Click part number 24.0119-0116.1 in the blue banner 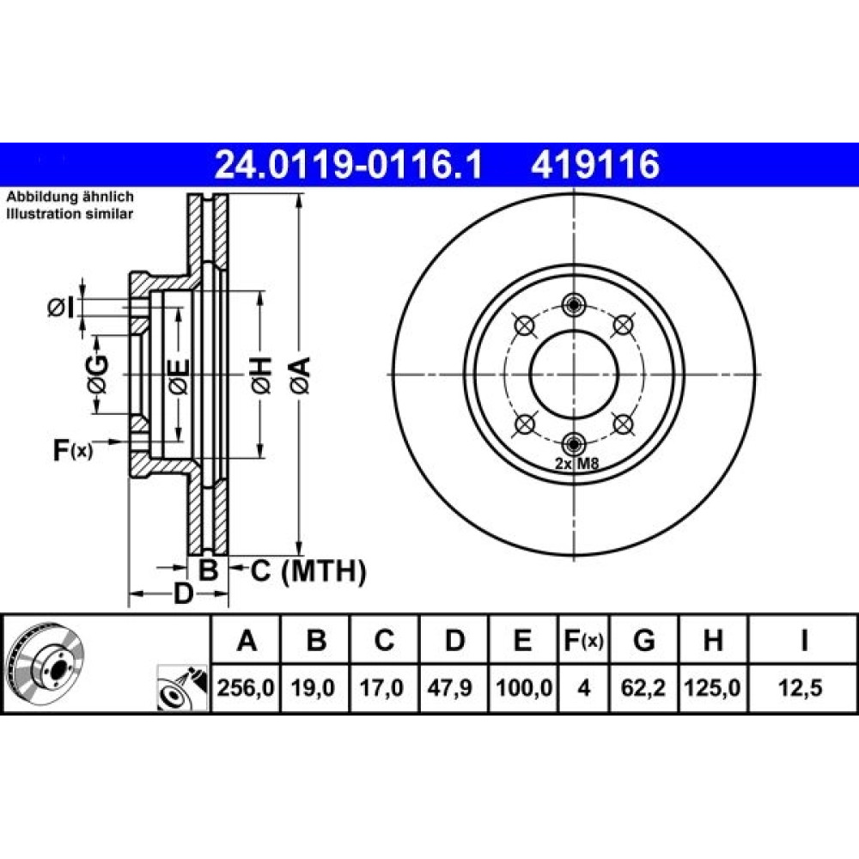(x=349, y=164)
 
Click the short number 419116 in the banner (x=595, y=164)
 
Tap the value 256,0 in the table (x=246, y=687)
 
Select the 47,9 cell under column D (x=449, y=687)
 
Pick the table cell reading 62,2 (x=643, y=687)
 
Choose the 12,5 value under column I (x=801, y=687)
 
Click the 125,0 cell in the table (x=712, y=687)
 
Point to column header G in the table (x=643, y=640)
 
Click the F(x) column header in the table (x=583, y=640)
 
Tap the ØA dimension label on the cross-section (x=301, y=375)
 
